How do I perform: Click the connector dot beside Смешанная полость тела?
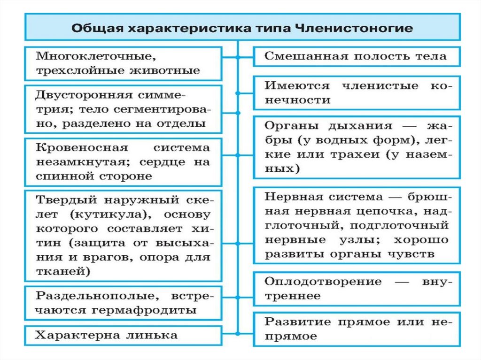tap(238, 58)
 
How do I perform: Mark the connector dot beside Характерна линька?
tap(238, 334)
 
